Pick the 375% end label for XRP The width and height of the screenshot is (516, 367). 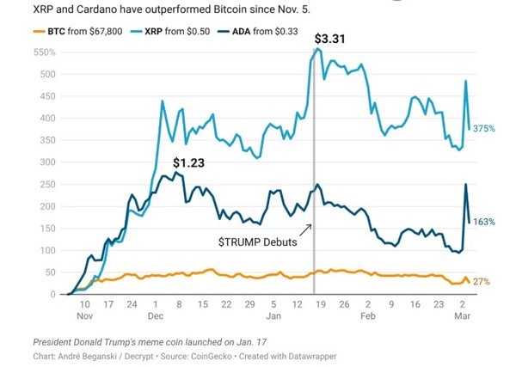[485, 129]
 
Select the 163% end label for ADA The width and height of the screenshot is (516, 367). [485, 222]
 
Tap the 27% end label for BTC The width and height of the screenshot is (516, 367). [482, 281]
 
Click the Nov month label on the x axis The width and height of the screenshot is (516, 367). [84, 315]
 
